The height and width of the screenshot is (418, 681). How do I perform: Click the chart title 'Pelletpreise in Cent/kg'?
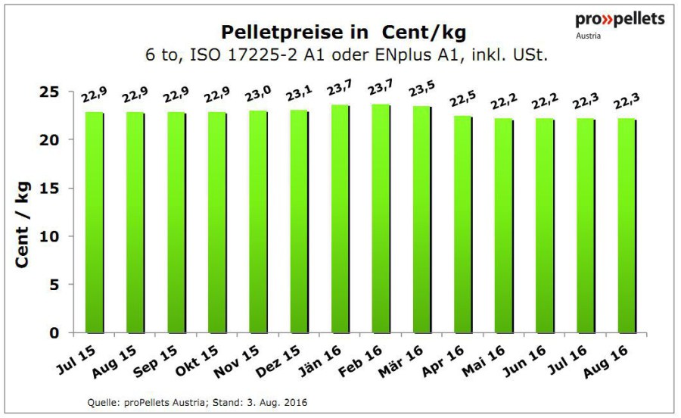pos(344,32)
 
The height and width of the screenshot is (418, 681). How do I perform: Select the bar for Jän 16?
pos(340,219)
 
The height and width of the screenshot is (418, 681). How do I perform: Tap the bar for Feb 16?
pos(382,219)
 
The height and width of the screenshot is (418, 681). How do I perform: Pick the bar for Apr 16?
pos(463,225)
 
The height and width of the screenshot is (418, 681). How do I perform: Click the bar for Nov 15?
pos(259,222)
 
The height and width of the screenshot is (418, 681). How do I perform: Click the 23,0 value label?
pos(259,93)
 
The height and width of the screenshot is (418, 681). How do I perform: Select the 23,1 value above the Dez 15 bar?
pos(299,92)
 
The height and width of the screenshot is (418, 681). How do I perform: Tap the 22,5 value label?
pos(463,98)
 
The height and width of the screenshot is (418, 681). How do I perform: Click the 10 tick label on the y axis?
pos(49,236)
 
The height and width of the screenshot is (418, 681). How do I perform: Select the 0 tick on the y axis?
pos(54,333)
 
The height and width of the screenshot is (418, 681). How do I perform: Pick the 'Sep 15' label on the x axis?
pos(155,361)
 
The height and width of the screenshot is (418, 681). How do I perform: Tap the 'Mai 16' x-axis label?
pos(484,360)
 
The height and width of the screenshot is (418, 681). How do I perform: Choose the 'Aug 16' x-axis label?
pos(606,361)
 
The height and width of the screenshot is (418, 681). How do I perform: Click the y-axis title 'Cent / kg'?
pos(22,224)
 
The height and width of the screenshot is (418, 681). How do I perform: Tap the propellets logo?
pos(620,25)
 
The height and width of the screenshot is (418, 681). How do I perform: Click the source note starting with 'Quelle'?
pos(197,402)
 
